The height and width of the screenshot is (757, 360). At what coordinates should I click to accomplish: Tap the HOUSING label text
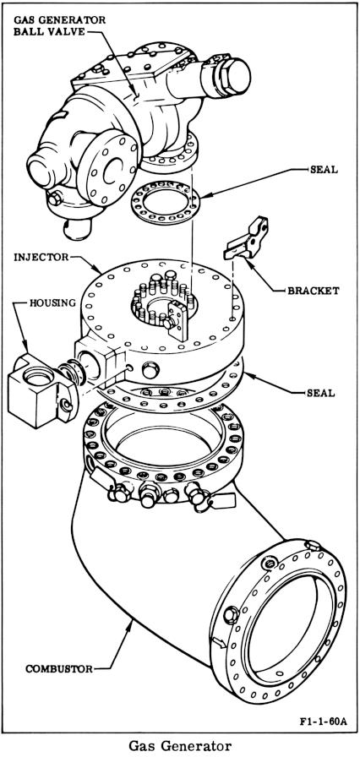click(x=52, y=302)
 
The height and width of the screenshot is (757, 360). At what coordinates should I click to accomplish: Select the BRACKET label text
click(x=314, y=291)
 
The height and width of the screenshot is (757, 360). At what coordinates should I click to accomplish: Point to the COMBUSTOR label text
click(x=59, y=669)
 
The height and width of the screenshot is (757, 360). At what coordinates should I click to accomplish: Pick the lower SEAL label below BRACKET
click(x=321, y=393)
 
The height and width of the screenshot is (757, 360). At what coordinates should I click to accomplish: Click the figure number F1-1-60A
click(x=323, y=722)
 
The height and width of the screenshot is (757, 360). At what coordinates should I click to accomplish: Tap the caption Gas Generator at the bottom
click(x=180, y=746)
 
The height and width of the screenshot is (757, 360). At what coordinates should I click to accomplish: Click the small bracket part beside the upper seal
click(x=247, y=240)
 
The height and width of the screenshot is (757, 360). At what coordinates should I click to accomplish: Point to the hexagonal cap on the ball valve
click(x=226, y=76)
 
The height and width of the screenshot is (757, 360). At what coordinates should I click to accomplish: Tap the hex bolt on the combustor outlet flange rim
click(x=232, y=615)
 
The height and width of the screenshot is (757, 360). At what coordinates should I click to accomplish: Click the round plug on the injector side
click(x=150, y=370)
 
